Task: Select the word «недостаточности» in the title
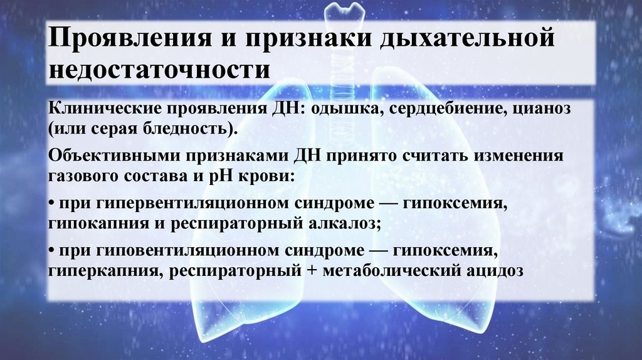[160, 69]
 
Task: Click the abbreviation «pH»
[231, 176]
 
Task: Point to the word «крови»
[270, 176]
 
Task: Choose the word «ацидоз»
[493, 272]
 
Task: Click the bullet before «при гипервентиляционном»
[50, 204]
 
